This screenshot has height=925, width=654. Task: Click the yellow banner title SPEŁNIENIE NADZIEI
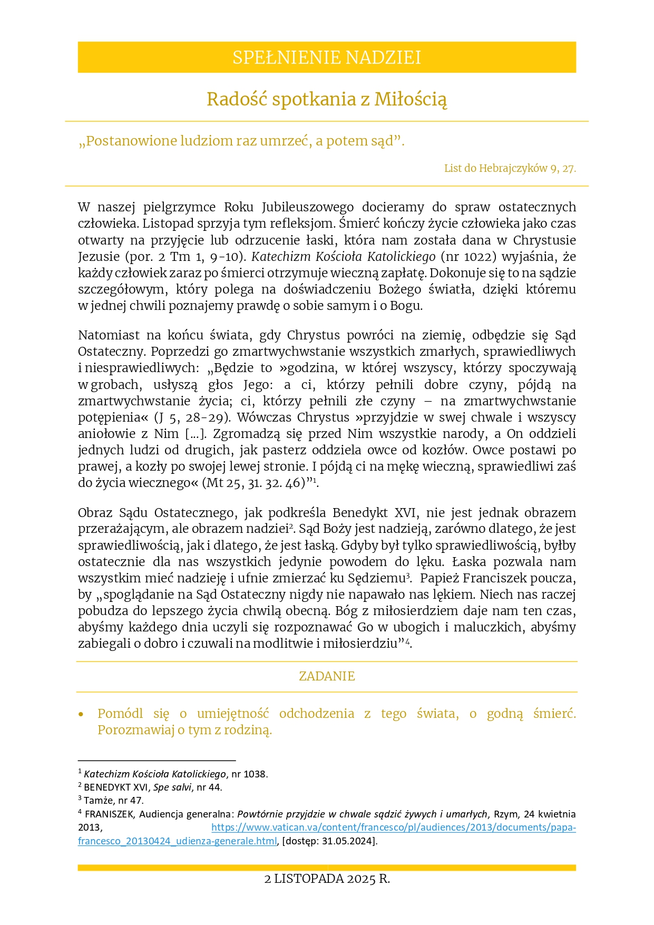pyautogui.click(x=327, y=57)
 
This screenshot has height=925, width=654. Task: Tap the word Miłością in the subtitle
pyautogui.click(x=411, y=99)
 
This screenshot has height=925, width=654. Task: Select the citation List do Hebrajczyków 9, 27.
pyautogui.click(x=510, y=169)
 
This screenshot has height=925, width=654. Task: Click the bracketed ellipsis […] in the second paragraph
pyautogui.click(x=195, y=434)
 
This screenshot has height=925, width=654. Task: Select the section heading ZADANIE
pyautogui.click(x=327, y=676)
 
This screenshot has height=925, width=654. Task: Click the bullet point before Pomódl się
pyautogui.click(x=81, y=715)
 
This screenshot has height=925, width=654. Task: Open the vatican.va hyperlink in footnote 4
pyautogui.click(x=393, y=827)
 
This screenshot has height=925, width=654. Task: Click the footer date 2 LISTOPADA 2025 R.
pyautogui.click(x=327, y=879)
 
